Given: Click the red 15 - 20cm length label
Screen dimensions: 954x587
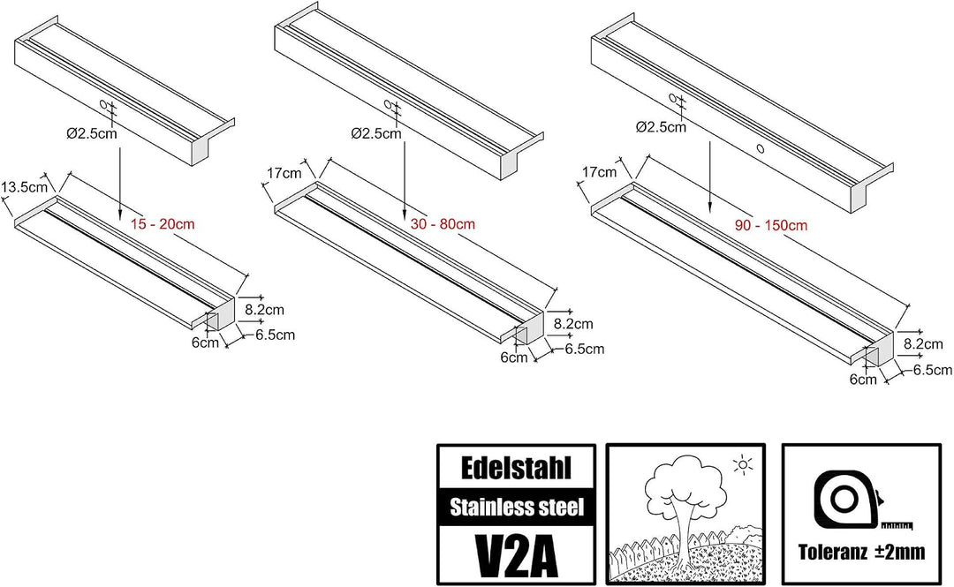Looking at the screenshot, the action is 163,224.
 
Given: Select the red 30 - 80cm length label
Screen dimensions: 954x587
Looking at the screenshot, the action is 443,224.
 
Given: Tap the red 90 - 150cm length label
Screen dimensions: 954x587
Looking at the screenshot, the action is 771,225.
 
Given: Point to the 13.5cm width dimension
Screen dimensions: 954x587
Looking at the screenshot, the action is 25,187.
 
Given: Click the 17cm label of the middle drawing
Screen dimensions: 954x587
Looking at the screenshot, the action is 284,173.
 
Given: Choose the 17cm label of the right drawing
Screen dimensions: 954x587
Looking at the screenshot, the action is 599,172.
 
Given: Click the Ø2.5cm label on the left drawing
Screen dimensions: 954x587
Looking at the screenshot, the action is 92,133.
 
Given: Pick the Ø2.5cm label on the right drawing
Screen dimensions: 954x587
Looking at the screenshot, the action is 661,127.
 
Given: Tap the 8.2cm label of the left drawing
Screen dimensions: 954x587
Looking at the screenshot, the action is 265,310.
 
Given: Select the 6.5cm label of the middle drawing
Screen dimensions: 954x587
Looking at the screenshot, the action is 585,349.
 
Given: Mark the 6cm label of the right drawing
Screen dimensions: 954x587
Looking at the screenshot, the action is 863,380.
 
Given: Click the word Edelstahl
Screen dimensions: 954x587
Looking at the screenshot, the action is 516,468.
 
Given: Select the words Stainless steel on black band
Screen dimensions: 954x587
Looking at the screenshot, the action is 517,507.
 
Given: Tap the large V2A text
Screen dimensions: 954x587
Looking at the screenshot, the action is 516,554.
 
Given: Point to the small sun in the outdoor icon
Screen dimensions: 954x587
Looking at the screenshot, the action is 743,465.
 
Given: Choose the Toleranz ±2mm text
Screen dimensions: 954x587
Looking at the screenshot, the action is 861,552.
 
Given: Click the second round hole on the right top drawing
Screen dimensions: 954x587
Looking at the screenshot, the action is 760,147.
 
